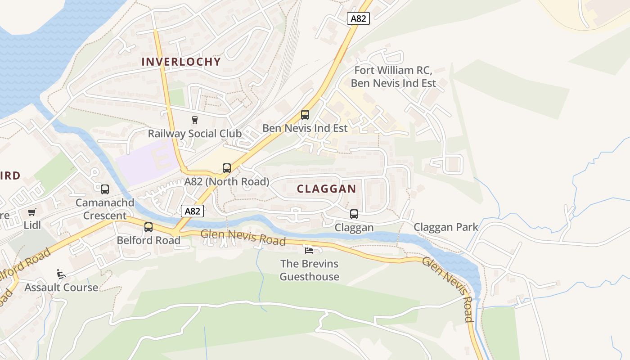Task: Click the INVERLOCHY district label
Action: pos(181,62)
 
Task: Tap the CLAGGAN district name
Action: pos(327,189)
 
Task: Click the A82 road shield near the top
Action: pos(359,18)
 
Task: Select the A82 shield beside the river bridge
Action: pos(193,211)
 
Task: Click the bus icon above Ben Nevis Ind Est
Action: pos(305,114)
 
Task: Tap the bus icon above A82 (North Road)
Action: pos(227,168)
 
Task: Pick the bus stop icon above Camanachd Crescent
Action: pos(105,189)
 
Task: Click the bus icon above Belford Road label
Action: pos(148,227)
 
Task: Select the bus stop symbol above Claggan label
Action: pos(354,214)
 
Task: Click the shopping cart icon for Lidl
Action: pos(31,212)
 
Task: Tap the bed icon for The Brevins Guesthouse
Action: pos(309,250)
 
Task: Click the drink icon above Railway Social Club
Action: pos(195,120)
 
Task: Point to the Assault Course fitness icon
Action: pos(61,274)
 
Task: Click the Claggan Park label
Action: pos(446,227)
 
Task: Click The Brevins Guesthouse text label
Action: pos(309,270)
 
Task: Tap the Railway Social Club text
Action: pos(195,134)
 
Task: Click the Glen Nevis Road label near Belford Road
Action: pos(243,237)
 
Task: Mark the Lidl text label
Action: pos(32,225)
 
